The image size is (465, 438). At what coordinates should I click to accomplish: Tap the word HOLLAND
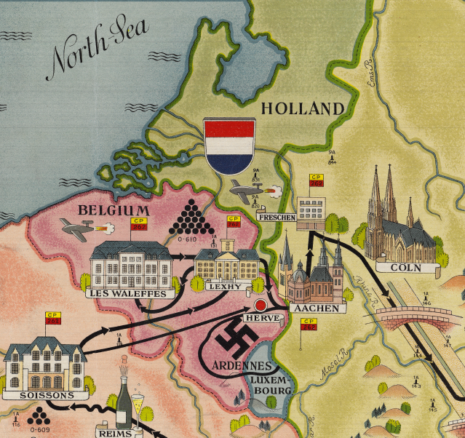tap(301, 109)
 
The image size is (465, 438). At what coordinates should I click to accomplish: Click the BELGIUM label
tap(114, 210)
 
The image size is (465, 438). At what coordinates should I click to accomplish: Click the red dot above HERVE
tap(260, 304)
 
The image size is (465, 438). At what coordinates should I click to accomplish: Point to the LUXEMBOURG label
tap(270, 385)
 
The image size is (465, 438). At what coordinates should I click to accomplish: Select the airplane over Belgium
tap(82, 230)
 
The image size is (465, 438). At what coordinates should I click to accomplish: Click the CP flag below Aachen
tap(310, 324)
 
